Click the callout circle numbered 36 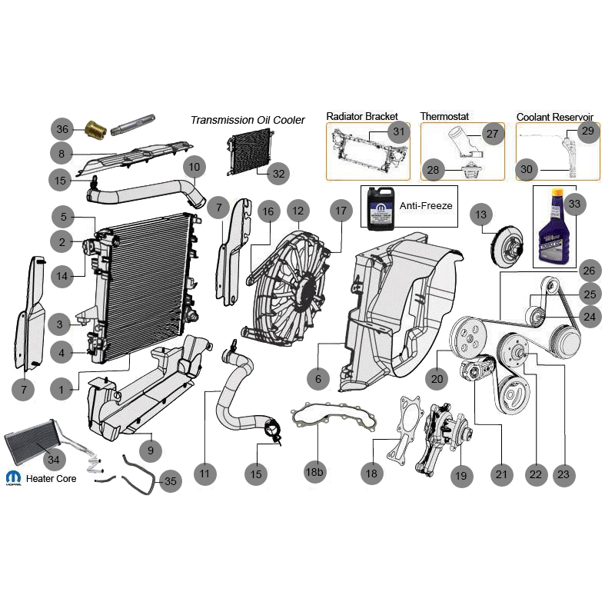(x=63, y=129)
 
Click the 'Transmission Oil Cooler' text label (x=248, y=120)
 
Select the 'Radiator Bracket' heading (x=362, y=116)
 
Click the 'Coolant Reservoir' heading (x=555, y=116)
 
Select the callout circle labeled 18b (x=314, y=472)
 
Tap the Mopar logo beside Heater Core (x=13, y=477)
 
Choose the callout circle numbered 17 (x=341, y=210)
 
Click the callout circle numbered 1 (x=62, y=390)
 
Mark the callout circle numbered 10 (x=194, y=166)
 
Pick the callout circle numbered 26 (x=588, y=271)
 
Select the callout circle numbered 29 (x=588, y=132)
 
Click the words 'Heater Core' (x=52, y=478)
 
